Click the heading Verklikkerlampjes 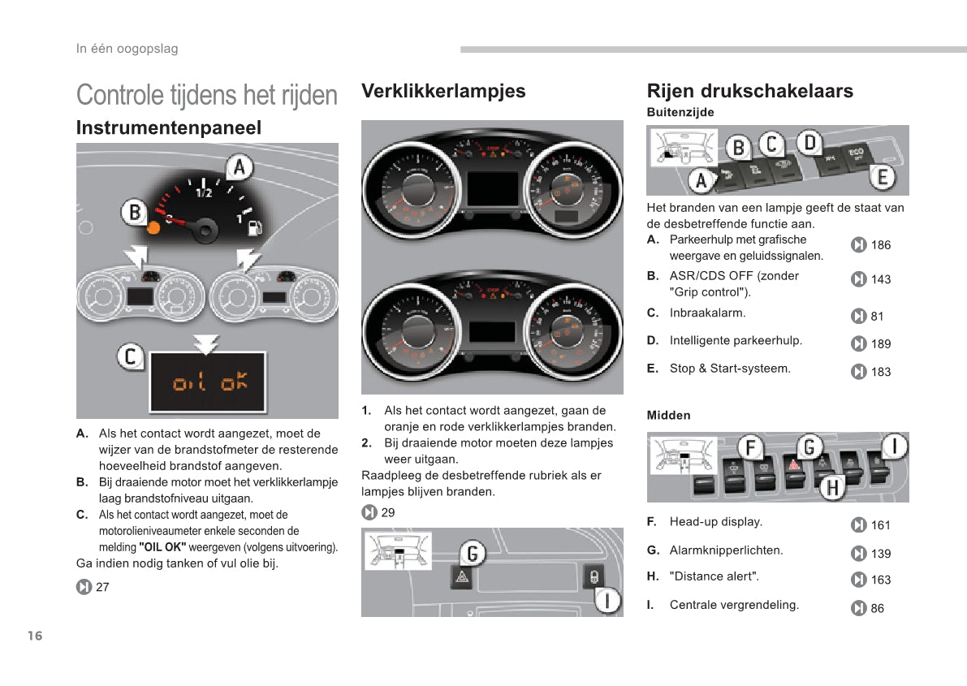(x=443, y=91)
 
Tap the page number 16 (x=34, y=636)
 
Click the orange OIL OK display (x=209, y=382)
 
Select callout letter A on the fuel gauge (x=239, y=168)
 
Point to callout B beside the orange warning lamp (x=134, y=214)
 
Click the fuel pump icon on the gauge (x=253, y=226)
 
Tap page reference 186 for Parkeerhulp (x=880, y=245)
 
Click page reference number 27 (x=102, y=587)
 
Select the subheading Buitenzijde (x=680, y=112)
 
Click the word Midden (x=668, y=415)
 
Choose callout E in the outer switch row (x=882, y=177)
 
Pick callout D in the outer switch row (x=809, y=144)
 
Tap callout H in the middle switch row (x=831, y=487)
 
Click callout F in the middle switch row (x=751, y=447)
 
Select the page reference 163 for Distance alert (x=880, y=580)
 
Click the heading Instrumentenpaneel (x=169, y=127)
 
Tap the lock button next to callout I (x=594, y=576)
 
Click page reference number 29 (x=388, y=512)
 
